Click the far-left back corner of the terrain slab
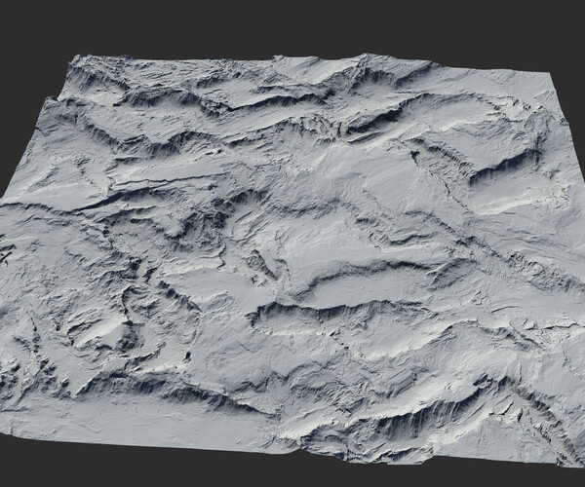70,59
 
